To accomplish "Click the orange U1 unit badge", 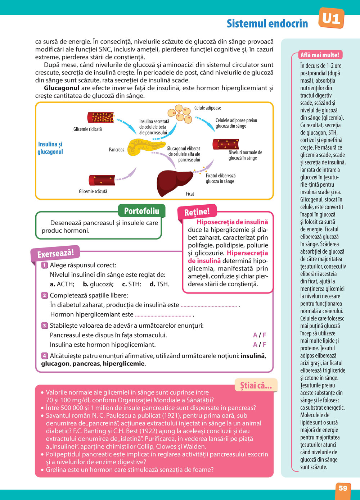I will click(331, 18).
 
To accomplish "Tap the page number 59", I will click(343, 488).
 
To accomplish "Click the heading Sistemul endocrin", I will click(267, 24).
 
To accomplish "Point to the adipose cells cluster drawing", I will click(181, 114).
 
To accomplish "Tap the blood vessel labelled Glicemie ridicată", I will click(100, 118).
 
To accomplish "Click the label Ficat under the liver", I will click(190, 194).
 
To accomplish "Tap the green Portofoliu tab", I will click(141, 211).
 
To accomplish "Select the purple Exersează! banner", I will click(55, 254).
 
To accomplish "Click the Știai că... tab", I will click(256, 386).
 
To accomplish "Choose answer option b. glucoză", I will click(98, 284).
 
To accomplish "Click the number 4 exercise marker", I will click(45, 356).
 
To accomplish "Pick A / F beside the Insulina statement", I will click(259, 345).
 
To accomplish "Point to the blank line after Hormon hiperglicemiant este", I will click(163, 315).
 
